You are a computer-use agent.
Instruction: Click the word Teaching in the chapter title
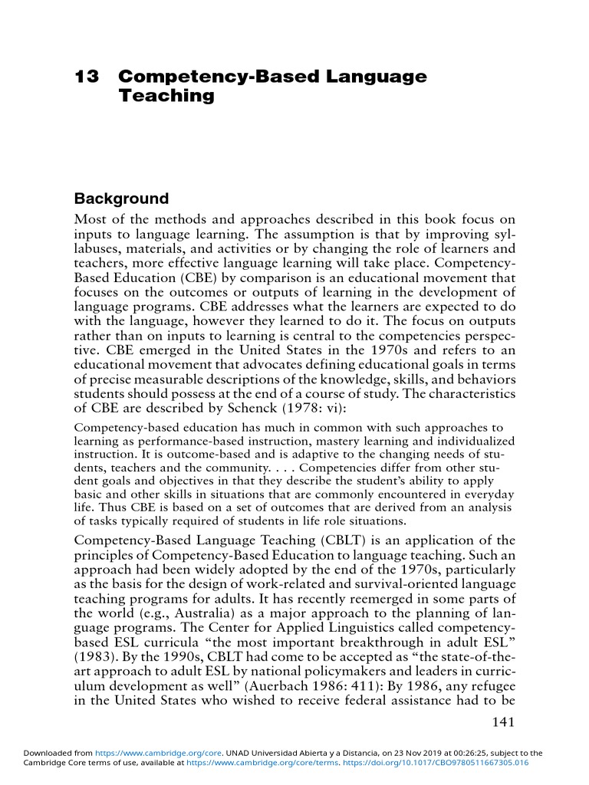166,97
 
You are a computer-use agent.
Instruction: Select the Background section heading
120,199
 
